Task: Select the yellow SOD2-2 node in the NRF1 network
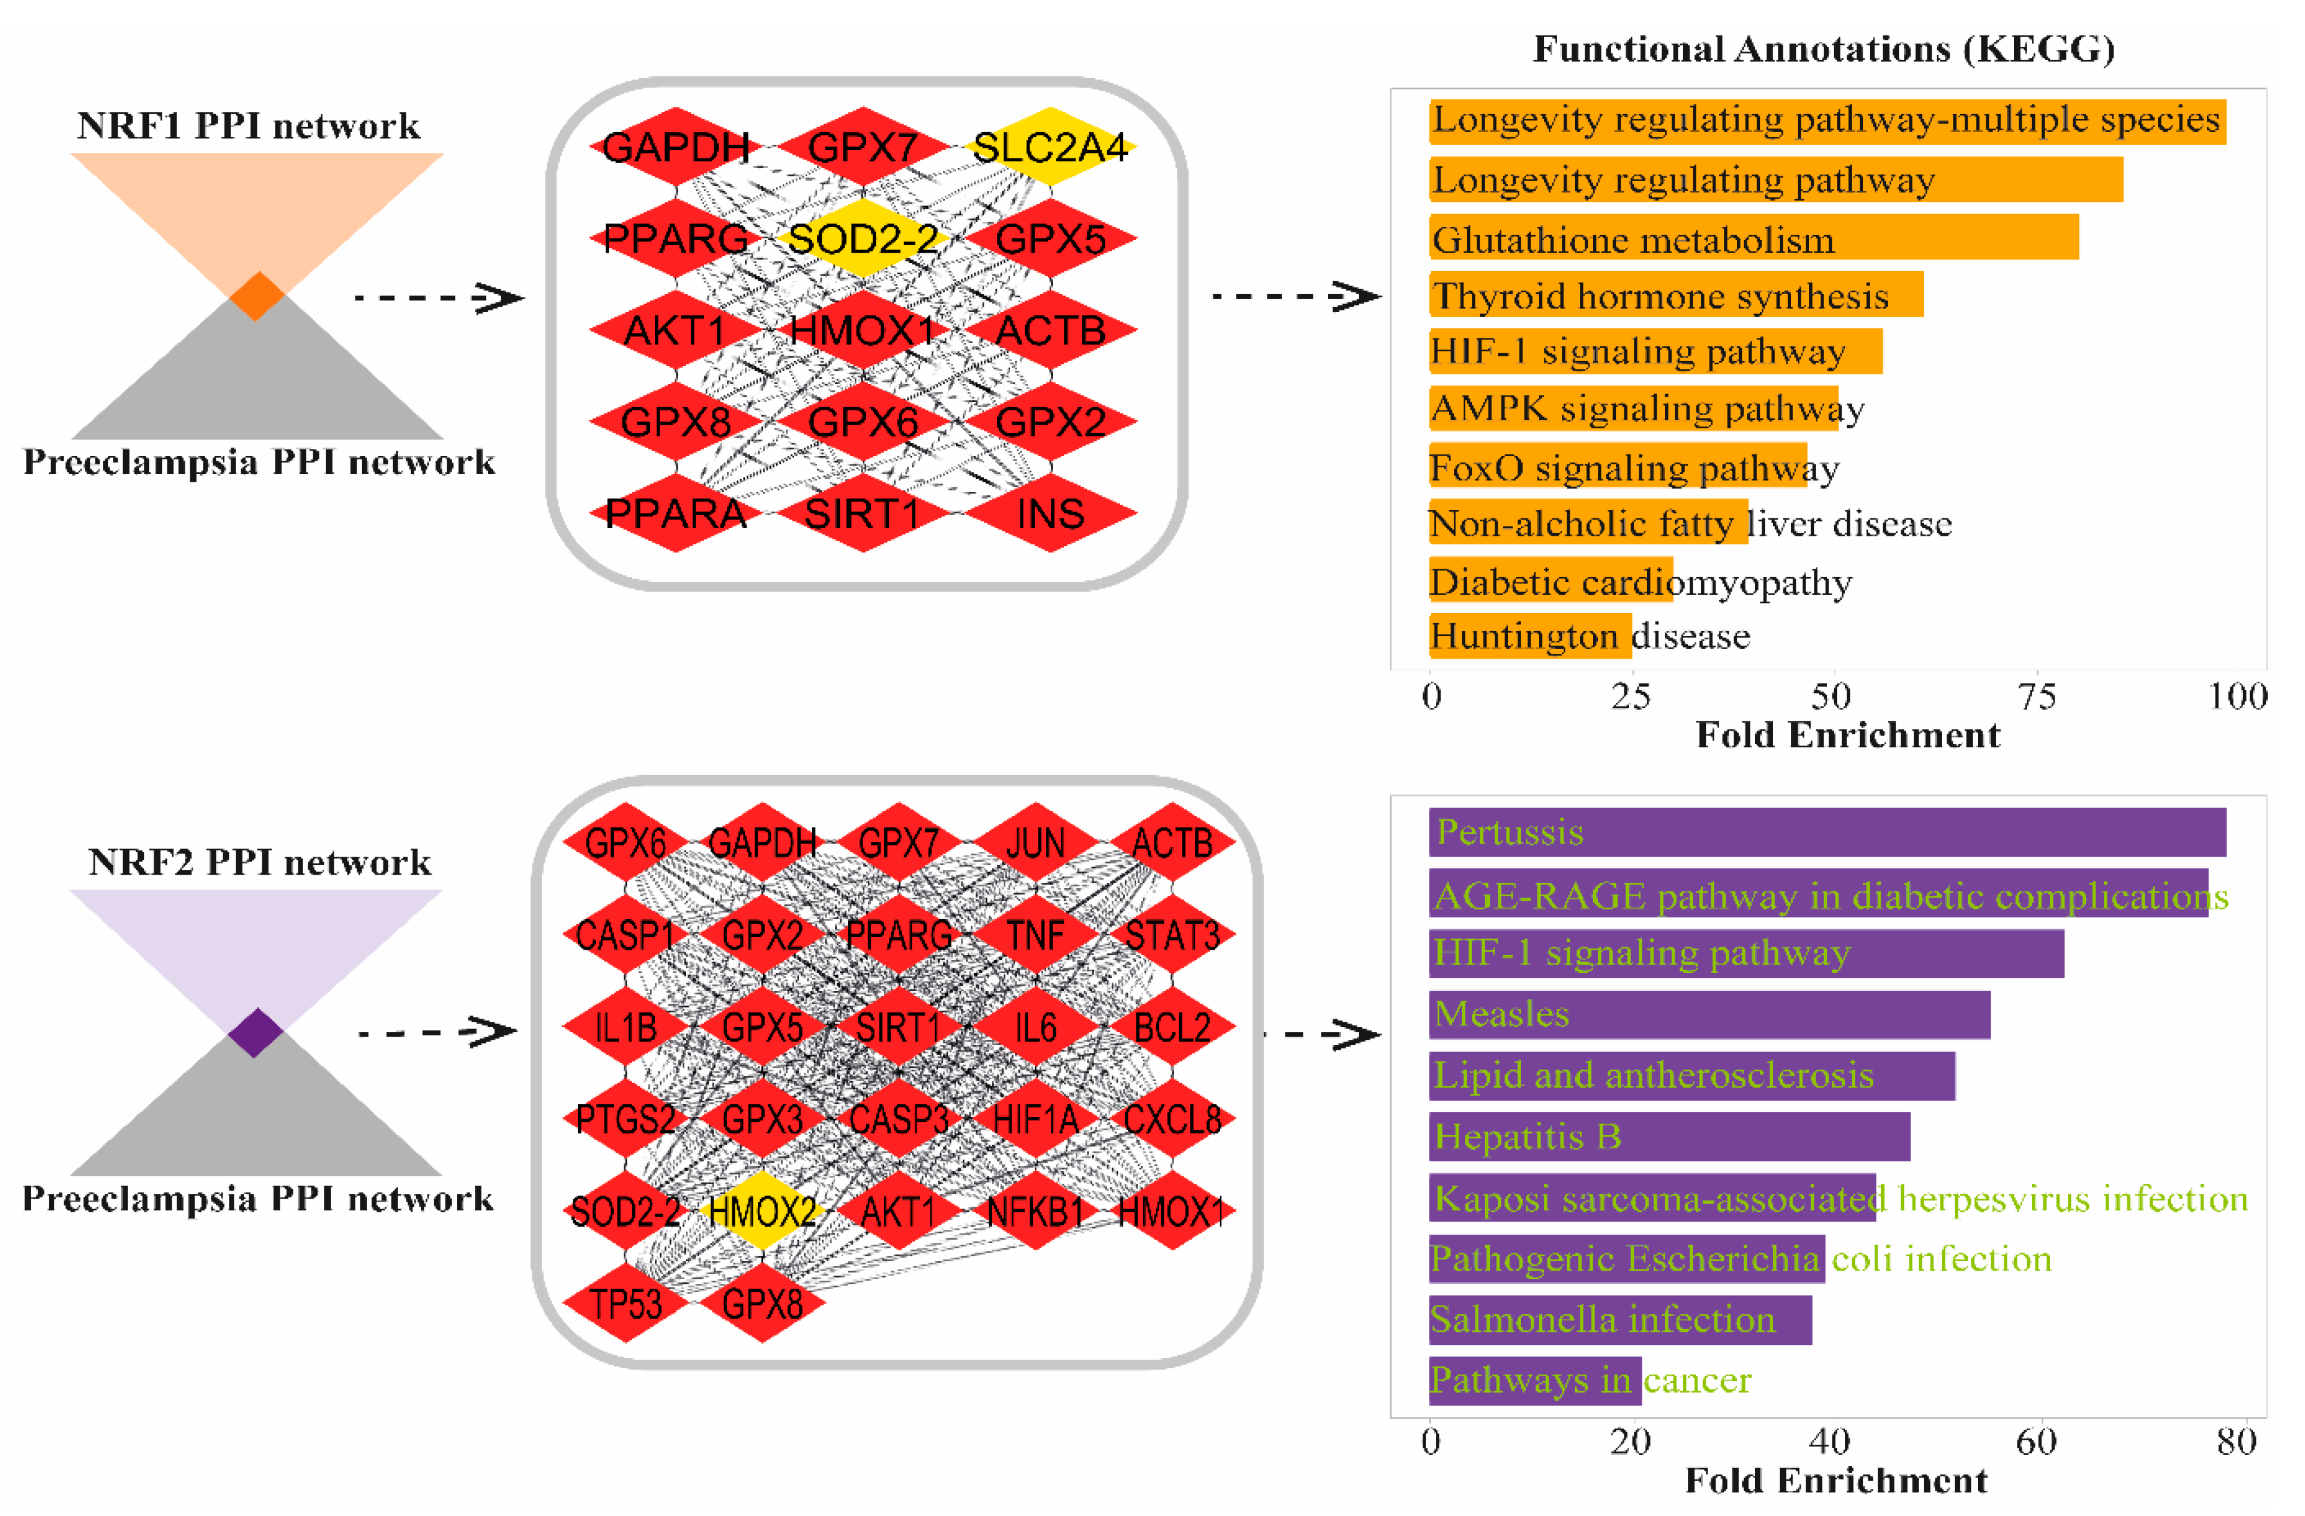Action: [x=863, y=238]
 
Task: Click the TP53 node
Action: [x=625, y=1303]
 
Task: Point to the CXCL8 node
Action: [x=1172, y=1119]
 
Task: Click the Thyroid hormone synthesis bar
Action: [x=1675, y=295]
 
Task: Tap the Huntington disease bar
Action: [x=1530, y=636]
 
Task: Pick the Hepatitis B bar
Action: [x=1669, y=1136]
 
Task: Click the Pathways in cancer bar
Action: [x=1535, y=1380]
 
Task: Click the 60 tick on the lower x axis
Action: [x=2035, y=1442]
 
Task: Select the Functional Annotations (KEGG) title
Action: [x=1824, y=49]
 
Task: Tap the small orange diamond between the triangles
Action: [x=257, y=296]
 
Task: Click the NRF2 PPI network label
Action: [x=259, y=861]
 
